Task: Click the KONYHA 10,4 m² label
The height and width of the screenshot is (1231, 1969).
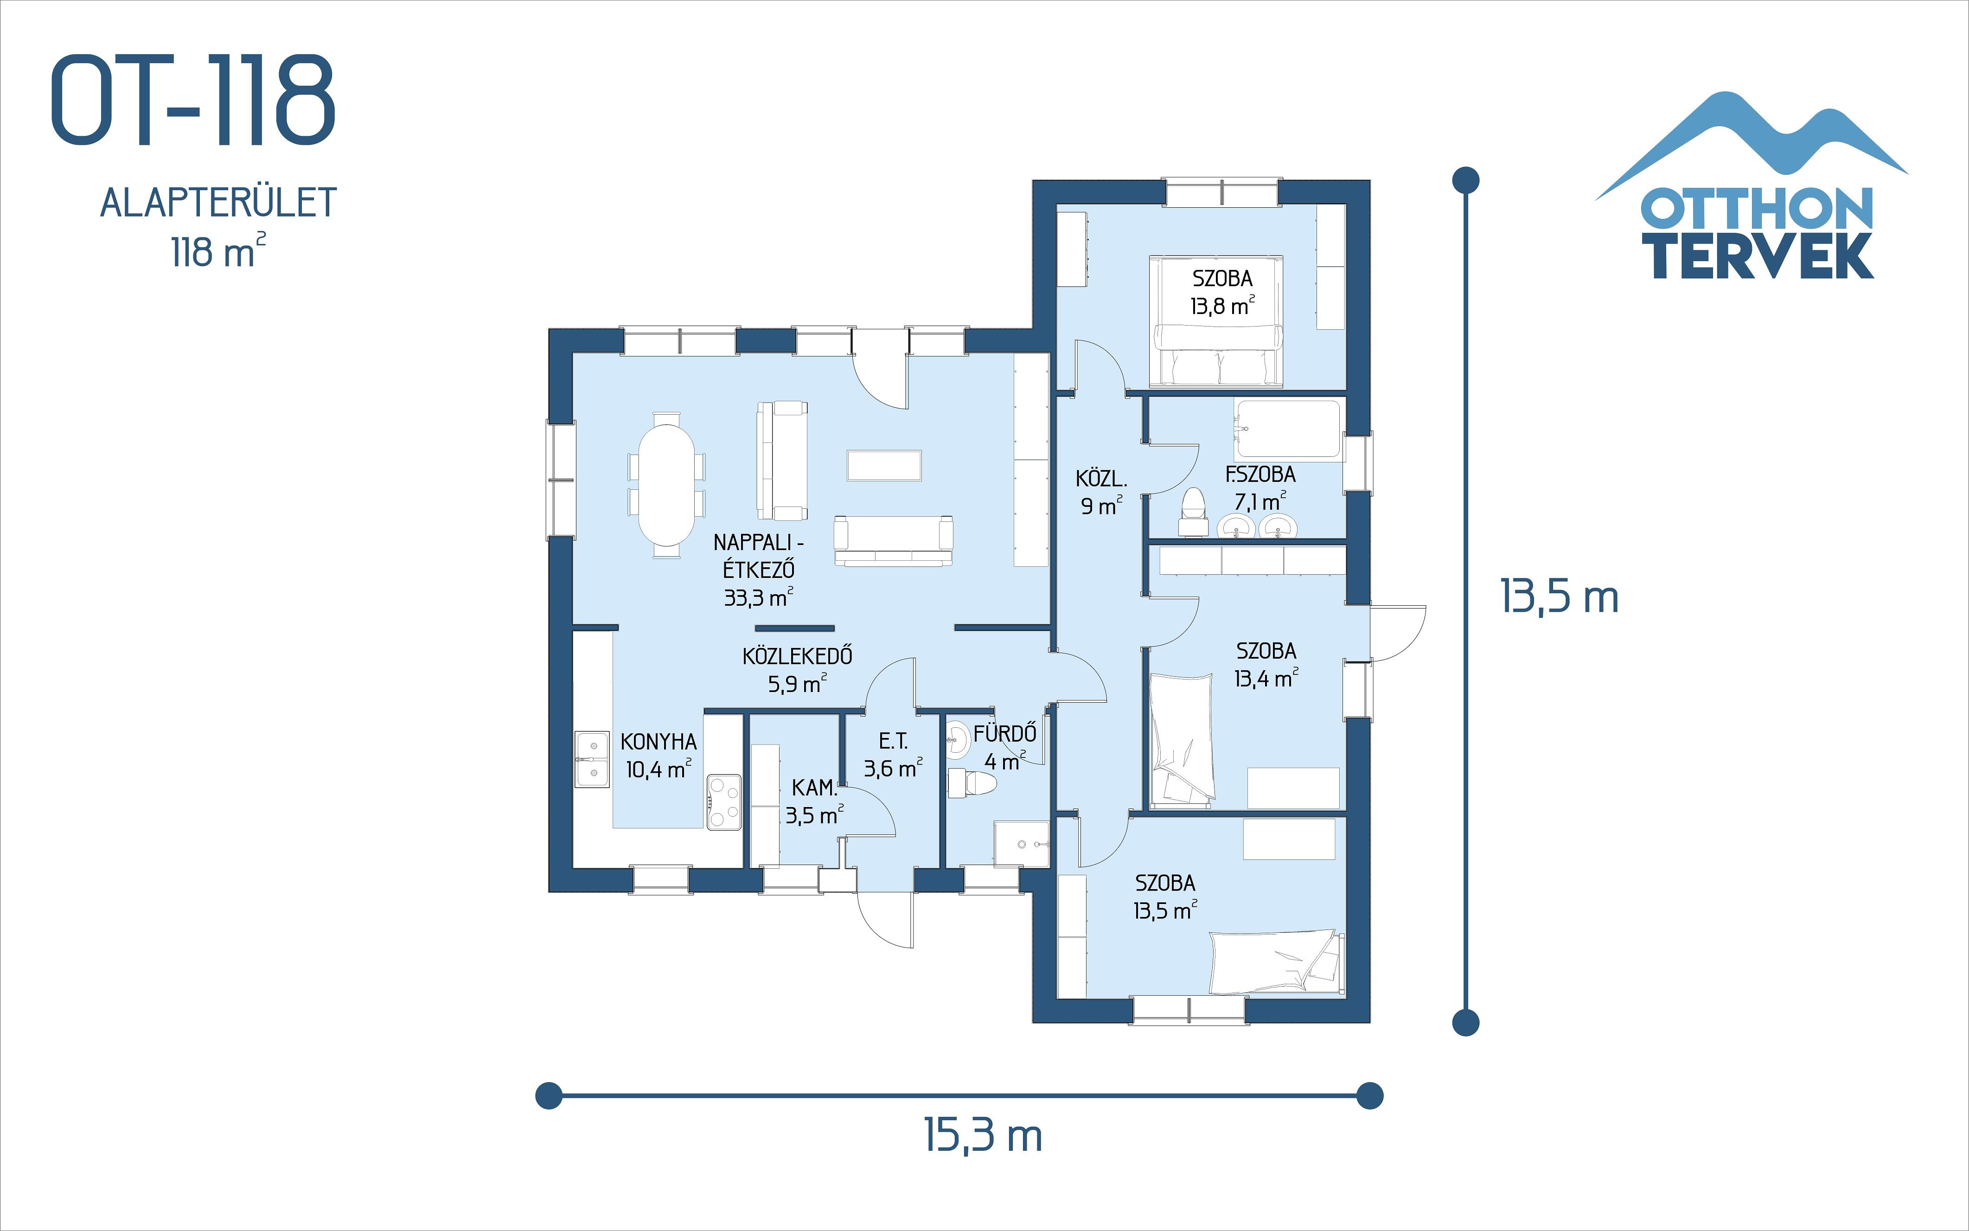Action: coord(658,755)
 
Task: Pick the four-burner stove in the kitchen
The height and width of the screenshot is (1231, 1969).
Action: coord(723,802)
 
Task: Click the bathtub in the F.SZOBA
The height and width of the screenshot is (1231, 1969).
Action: coord(1287,429)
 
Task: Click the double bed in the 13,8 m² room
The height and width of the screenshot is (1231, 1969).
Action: coord(1216,321)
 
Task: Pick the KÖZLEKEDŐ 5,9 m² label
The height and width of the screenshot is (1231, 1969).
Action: coord(797,669)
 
